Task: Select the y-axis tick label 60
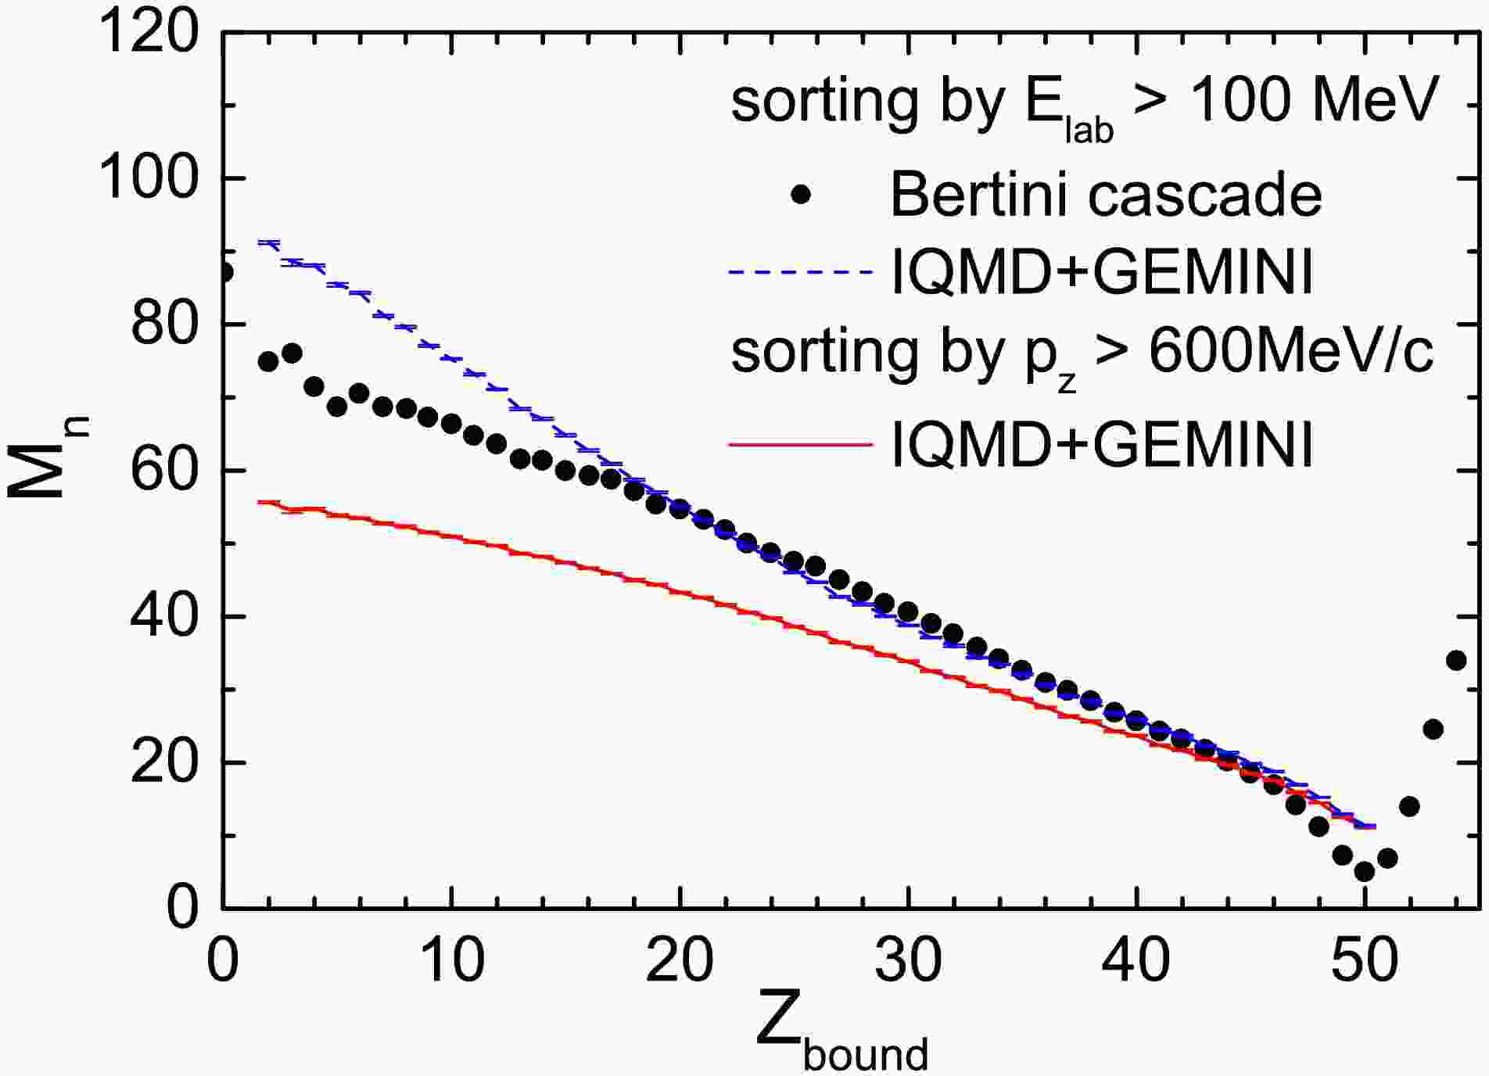point(163,471)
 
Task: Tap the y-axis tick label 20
point(163,762)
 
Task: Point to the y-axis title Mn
point(48,461)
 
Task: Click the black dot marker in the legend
point(800,194)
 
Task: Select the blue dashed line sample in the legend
point(800,272)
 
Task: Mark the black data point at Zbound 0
point(224,272)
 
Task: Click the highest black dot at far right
point(1455,661)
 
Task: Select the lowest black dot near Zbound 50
point(1364,871)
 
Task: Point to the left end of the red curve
point(260,502)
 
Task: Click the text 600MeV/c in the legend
point(1290,353)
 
